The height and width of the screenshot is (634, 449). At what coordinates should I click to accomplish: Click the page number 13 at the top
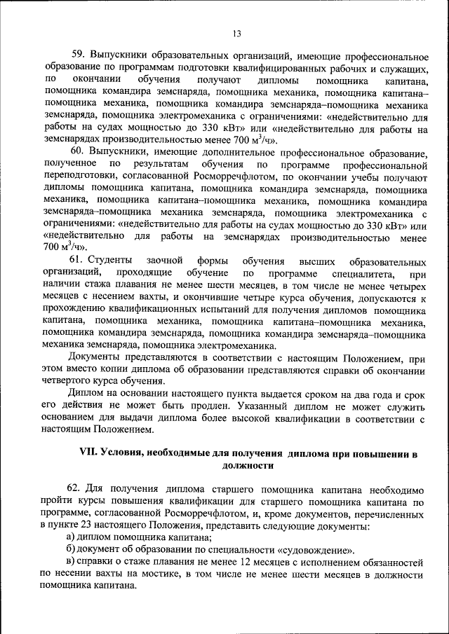[x=236, y=34]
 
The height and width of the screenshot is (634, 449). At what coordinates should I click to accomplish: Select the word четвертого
[x=72, y=381]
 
